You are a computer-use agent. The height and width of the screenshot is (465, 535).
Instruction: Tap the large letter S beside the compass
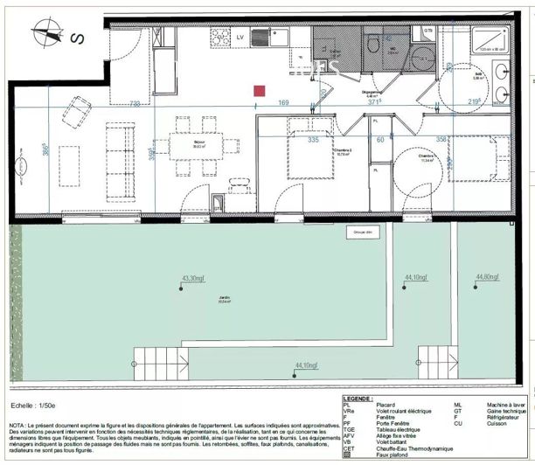click(77, 38)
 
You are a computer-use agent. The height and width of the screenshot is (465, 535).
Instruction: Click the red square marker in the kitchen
click(260, 89)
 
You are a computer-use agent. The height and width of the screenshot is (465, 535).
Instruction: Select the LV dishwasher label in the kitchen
click(240, 38)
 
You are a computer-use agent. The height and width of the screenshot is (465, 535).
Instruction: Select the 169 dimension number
click(284, 103)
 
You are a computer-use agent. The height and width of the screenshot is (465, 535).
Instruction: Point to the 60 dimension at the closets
click(381, 138)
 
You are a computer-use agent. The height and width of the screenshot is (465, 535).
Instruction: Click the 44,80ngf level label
click(488, 278)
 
